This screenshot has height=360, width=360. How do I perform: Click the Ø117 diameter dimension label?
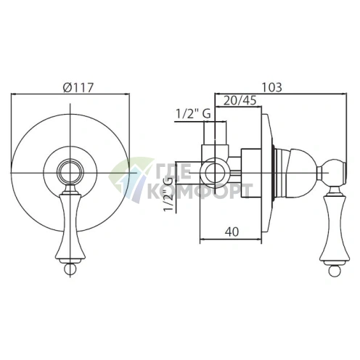[x=78, y=88]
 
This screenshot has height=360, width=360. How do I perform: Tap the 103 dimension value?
[x=272, y=87]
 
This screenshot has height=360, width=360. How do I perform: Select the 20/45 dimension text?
[x=240, y=100]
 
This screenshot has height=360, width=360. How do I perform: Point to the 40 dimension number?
[x=232, y=232]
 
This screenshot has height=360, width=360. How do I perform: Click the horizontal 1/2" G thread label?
[x=193, y=114]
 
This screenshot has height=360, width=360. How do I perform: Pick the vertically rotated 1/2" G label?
[x=169, y=194]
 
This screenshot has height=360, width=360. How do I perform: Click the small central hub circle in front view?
[x=70, y=173]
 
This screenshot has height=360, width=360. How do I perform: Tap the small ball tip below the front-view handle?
[x=70, y=269]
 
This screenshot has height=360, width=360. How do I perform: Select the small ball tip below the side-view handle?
[x=335, y=271]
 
